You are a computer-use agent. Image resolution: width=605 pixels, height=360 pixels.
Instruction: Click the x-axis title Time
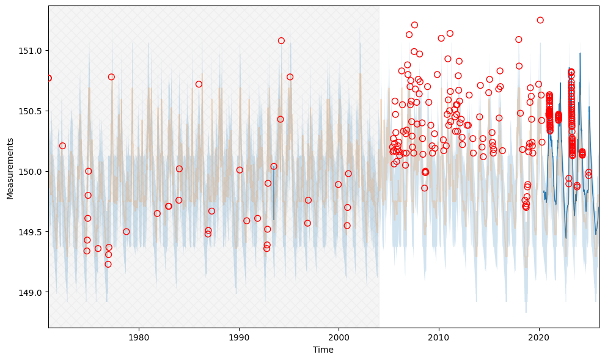pyautogui.click(x=323, y=350)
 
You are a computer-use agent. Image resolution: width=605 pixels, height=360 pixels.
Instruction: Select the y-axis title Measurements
pyautogui.click(x=10, y=168)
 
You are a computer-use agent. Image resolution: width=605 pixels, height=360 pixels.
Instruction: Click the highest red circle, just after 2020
pyautogui.click(x=540, y=20)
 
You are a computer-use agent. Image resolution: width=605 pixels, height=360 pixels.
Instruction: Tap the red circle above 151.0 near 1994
pyautogui.click(x=281, y=41)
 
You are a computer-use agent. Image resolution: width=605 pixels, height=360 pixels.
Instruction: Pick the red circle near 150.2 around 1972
pyautogui.click(x=62, y=146)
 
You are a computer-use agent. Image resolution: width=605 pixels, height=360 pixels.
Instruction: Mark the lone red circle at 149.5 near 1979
pyautogui.click(x=127, y=232)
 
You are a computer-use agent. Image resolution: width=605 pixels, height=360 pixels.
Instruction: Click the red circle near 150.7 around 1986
pyautogui.click(x=199, y=84)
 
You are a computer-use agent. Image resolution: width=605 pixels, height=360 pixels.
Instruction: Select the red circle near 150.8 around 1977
pyautogui.click(x=111, y=77)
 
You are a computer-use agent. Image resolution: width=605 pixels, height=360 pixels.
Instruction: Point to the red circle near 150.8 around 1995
pyautogui.click(x=290, y=77)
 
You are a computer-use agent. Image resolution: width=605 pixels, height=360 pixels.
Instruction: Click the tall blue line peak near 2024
pyautogui.click(x=580, y=53)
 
